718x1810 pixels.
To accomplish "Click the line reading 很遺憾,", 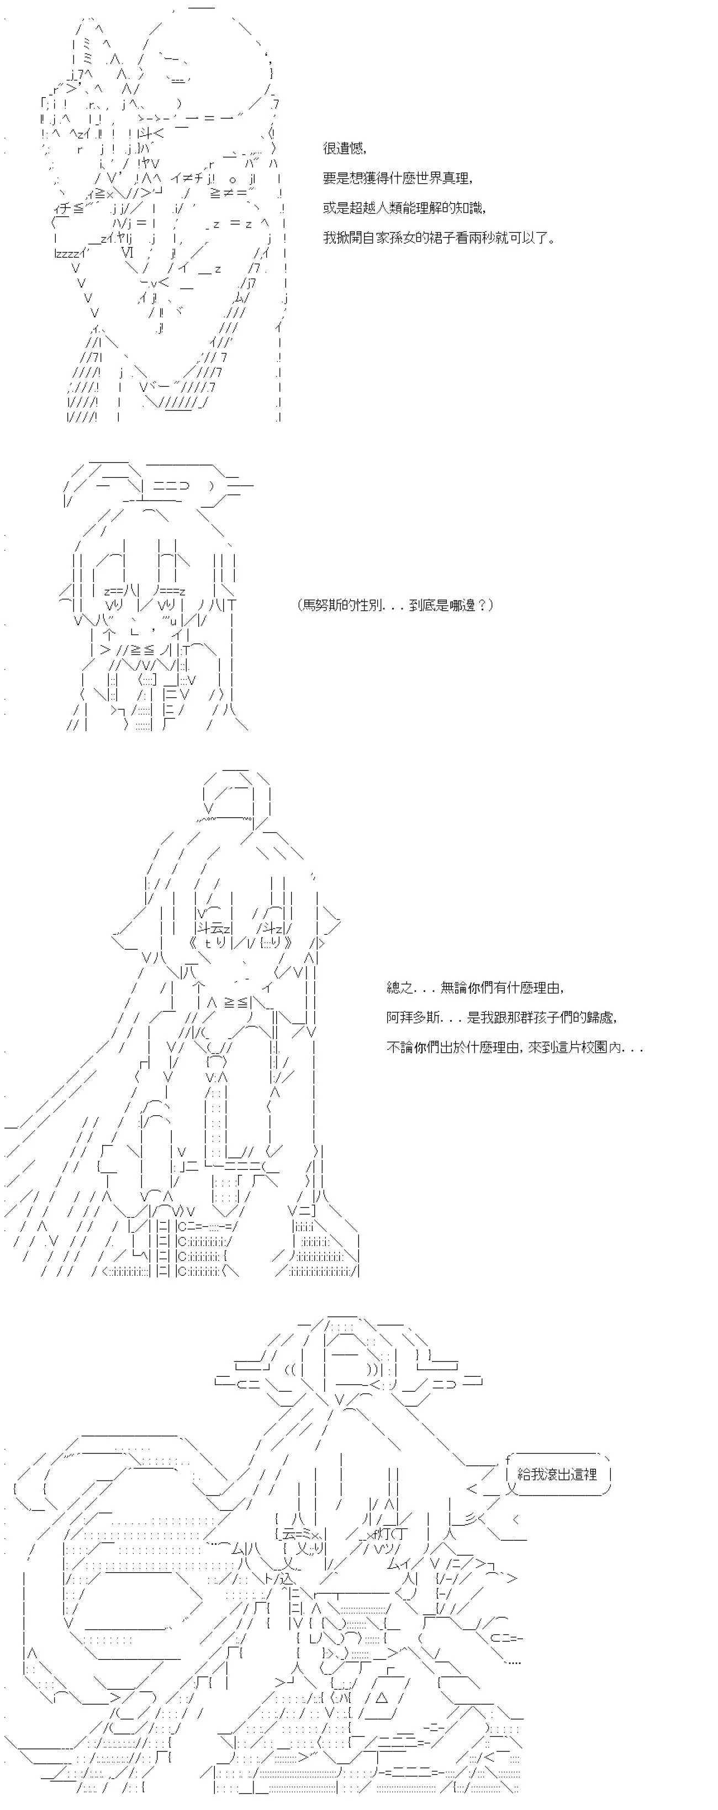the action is [345, 148].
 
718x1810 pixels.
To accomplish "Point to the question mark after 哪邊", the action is [482, 605].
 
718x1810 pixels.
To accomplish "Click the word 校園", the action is [595, 1047].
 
